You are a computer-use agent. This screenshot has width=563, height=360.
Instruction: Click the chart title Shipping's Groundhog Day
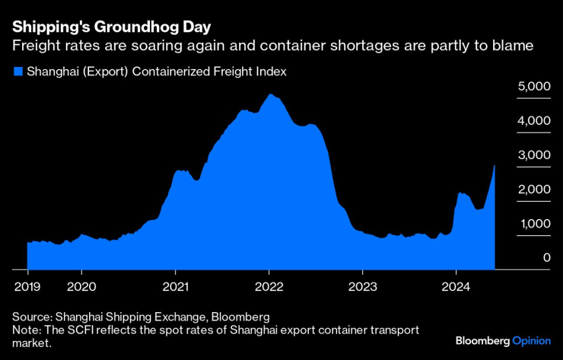(x=100, y=27)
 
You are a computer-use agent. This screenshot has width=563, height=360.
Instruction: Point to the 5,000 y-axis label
(x=534, y=87)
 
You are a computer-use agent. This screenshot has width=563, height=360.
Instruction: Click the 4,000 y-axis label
(x=534, y=121)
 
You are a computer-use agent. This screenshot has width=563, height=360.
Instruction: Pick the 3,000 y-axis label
(x=534, y=155)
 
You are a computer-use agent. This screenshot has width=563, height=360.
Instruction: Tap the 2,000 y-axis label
(x=534, y=190)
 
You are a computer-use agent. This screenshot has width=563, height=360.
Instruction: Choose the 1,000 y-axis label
(x=534, y=224)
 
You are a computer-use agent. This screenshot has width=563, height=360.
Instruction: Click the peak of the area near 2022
(x=270, y=94)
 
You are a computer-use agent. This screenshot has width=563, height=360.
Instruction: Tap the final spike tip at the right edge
(x=495, y=165)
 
